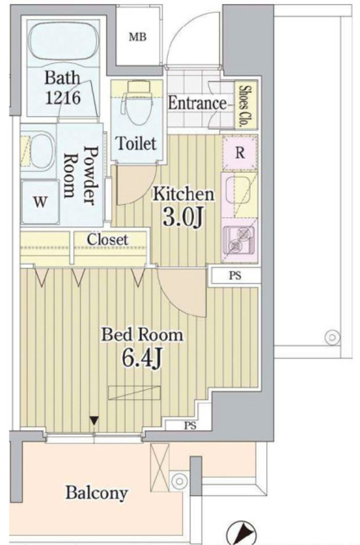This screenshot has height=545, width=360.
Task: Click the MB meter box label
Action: pyautogui.click(x=138, y=37)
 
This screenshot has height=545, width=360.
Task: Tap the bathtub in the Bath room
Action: pyautogui.click(x=63, y=43)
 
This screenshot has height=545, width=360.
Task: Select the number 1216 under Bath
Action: pyautogui.click(x=63, y=98)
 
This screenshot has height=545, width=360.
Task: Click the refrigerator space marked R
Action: pyautogui.click(x=240, y=152)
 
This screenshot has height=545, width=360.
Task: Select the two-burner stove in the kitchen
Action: pyautogui.click(x=239, y=240)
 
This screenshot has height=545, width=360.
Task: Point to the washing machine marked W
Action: pyautogui.click(x=40, y=202)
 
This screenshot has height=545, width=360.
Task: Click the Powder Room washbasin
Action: pyautogui.click(x=38, y=151)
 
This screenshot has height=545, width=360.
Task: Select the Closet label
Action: pyautogui.click(x=108, y=240)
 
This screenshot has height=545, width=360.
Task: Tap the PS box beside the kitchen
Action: pyautogui.click(x=235, y=276)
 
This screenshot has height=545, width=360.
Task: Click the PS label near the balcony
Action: pyautogui.click(x=190, y=426)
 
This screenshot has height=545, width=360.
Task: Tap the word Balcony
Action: pyautogui.click(x=97, y=493)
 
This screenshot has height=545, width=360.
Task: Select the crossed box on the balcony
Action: pyautogui.click(x=159, y=467)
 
